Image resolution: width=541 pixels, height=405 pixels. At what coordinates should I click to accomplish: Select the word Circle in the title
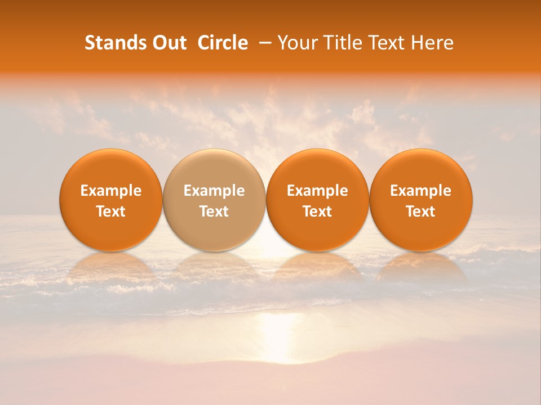tap(223, 43)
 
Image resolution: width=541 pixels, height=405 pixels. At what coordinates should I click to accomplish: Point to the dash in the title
tap(263, 43)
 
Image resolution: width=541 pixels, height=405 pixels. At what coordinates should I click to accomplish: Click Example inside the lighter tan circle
tap(214, 191)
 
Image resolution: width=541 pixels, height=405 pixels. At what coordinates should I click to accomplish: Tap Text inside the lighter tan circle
tap(214, 211)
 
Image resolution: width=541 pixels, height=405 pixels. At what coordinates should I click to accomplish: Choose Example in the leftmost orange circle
tap(111, 191)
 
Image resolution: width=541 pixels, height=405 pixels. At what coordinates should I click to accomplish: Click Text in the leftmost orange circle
tap(111, 211)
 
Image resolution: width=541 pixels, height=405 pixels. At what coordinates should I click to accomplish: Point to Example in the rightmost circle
tap(420, 191)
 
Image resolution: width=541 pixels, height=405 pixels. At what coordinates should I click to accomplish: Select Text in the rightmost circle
tap(420, 211)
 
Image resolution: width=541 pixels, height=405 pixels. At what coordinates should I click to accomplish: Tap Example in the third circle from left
tap(317, 191)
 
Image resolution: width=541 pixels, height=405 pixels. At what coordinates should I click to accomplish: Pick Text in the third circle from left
tap(317, 211)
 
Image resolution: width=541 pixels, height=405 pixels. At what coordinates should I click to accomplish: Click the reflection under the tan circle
tap(214, 267)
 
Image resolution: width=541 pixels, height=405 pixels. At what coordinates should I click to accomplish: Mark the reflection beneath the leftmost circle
tap(111, 267)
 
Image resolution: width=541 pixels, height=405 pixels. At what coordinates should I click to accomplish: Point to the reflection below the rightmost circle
tap(420, 267)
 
